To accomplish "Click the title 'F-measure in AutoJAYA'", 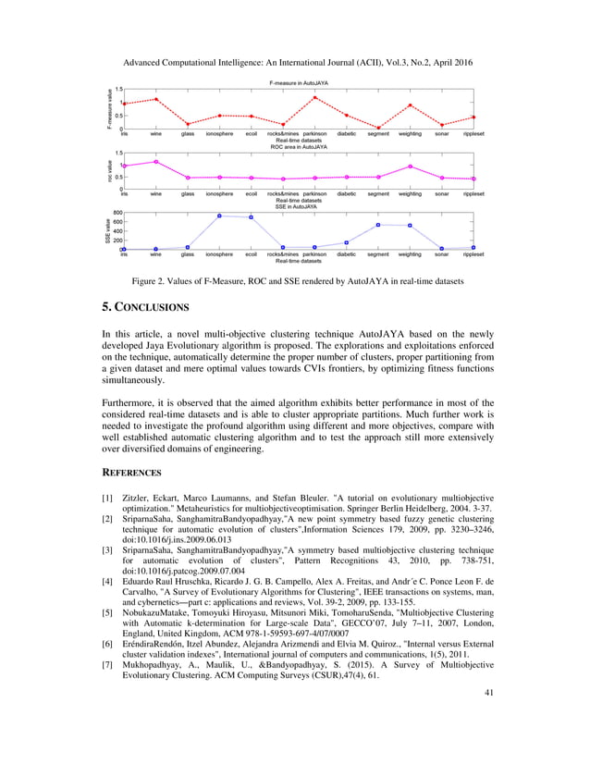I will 298,83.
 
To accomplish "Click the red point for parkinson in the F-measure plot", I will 314,97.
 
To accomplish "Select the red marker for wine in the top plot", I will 155,99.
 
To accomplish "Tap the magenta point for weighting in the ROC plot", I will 410,166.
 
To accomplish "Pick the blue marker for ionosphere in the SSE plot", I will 219,216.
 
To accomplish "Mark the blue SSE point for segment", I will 377,225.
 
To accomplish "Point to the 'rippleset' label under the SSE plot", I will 473,254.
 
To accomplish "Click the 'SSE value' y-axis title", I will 107,231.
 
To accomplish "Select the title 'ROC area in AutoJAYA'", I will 298,146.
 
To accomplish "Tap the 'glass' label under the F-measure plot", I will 187,134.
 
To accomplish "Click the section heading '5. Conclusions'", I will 145,306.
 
